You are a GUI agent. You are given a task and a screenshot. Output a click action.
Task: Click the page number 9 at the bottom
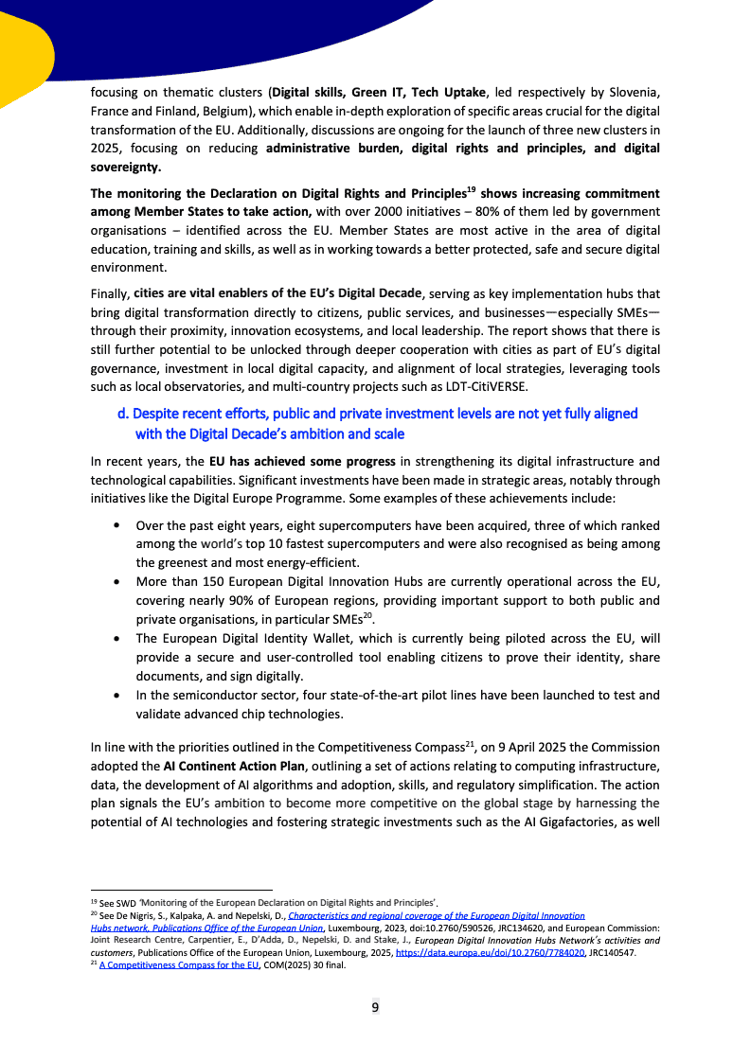pos(375,1006)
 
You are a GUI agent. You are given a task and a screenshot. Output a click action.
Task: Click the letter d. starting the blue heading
pos(122,414)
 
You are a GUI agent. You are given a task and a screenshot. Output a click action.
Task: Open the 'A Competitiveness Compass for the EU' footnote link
pos(179,964)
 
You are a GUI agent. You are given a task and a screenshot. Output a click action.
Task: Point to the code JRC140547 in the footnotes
pos(612,952)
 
